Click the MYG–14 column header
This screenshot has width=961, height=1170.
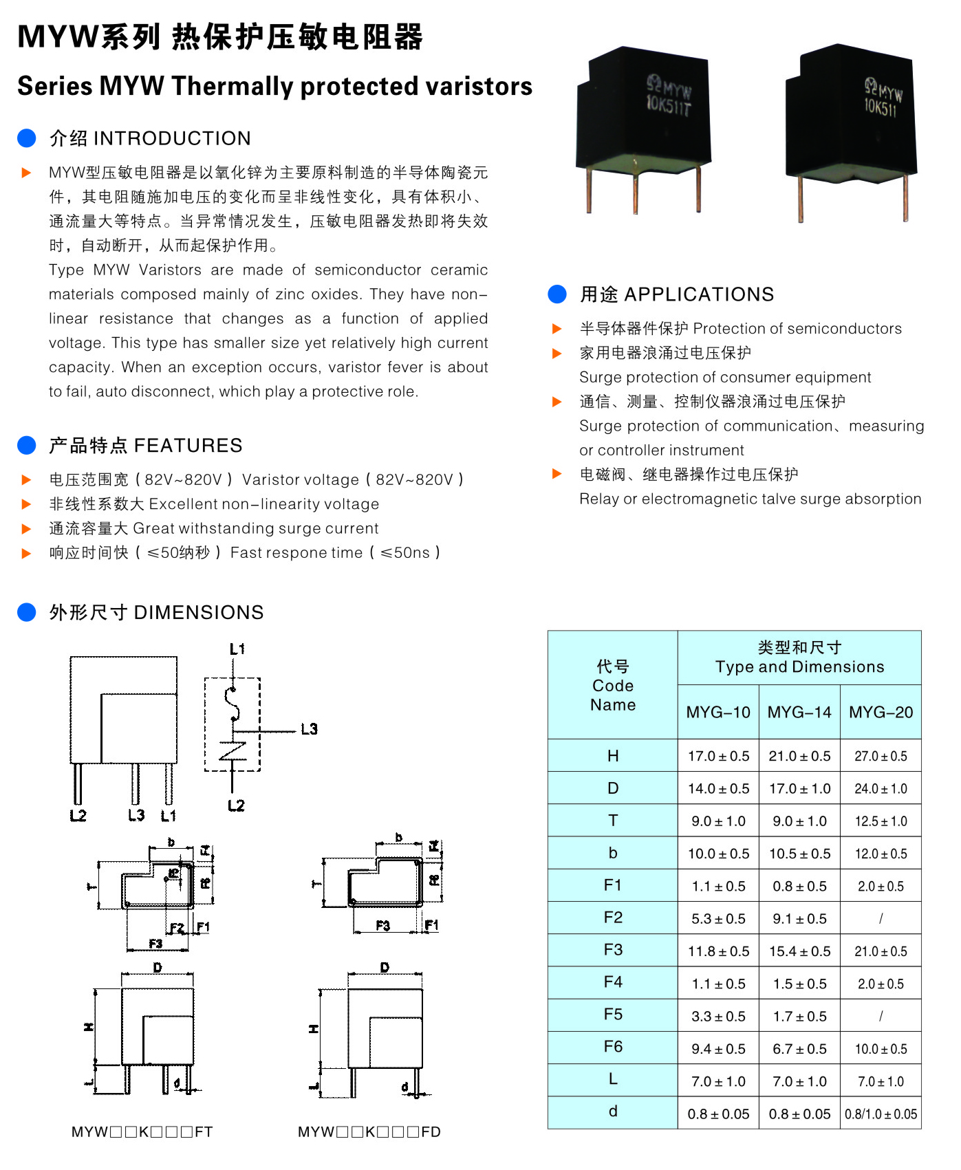(799, 712)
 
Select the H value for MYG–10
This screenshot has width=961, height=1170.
(718, 756)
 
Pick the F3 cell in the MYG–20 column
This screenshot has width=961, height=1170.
(881, 951)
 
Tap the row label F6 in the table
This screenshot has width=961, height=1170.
(613, 1047)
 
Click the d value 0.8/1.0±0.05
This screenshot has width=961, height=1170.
(881, 1114)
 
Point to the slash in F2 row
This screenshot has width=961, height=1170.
(881, 919)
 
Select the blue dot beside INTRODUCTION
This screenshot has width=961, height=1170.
(27, 138)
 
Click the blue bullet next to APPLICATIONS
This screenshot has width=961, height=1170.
(557, 294)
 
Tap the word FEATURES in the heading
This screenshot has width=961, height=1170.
(188, 446)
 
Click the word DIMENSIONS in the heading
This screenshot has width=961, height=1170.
(199, 612)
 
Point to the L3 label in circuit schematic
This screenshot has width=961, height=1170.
(310, 729)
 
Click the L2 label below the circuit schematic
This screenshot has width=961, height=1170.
(236, 805)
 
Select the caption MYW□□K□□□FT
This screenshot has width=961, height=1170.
(142, 1131)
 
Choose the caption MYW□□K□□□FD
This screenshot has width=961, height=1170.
(369, 1131)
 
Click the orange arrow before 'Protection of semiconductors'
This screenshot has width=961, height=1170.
(557, 329)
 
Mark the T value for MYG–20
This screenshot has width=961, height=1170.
(881, 821)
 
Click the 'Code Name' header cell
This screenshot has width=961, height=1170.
(613, 685)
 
